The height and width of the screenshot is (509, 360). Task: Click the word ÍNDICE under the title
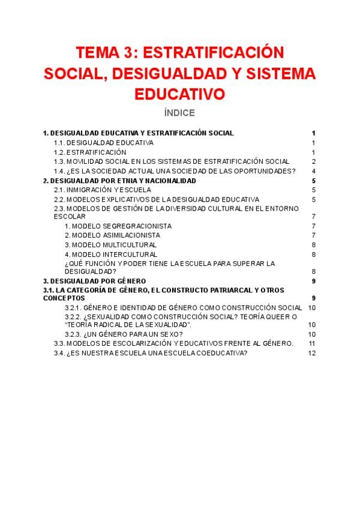tap(179, 112)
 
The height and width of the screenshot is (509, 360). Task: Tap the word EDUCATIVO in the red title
tap(179, 94)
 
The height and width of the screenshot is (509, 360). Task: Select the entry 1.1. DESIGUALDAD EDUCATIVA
tap(104, 143)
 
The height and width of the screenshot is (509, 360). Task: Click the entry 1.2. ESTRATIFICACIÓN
tap(90, 152)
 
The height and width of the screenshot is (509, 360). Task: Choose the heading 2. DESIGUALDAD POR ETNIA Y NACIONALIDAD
tap(120, 181)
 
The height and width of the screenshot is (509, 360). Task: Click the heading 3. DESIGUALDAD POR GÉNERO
tap(94, 280)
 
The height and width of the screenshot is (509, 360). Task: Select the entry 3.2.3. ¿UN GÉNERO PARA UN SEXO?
tap(124, 334)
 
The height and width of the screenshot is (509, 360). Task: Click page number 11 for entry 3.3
tap(311, 343)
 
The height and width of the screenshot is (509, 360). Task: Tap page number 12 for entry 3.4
tap(311, 353)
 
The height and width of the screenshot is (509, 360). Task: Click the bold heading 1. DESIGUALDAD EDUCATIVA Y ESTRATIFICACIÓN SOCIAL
tap(139, 133)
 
